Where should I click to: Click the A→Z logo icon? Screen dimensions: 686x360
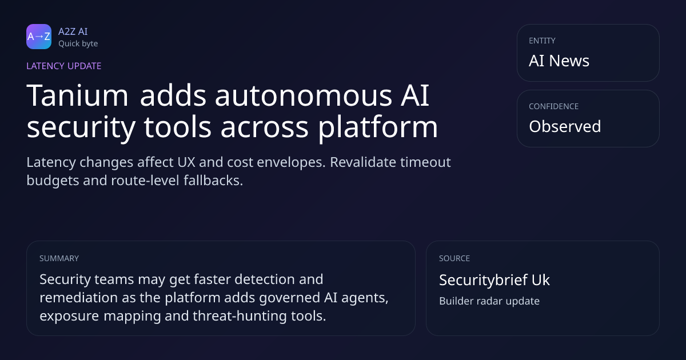[39, 37]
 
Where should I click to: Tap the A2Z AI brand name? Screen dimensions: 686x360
[73, 31]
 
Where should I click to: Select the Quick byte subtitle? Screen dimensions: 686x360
[78, 44]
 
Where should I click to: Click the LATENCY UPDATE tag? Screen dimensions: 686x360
[63, 66]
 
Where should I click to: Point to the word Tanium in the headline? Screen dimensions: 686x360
[77, 95]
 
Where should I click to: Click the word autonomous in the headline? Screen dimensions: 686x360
[304, 95]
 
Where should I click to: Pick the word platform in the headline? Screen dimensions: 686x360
[378, 127]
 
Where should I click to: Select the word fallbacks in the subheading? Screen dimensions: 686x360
[213, 181]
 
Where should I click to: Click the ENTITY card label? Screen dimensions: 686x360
[542, 41]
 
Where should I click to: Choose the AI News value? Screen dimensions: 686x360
[559, 61]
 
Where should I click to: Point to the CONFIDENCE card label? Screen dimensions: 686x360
[554, 106]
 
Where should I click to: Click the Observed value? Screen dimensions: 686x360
[565, 126]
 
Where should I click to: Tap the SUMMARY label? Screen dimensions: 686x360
[59, 258]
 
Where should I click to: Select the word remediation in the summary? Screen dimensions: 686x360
[79, 298]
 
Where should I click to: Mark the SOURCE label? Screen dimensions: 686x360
[454, 258]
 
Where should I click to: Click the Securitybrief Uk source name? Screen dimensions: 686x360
[494, 280]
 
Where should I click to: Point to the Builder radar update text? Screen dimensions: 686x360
[489, 301]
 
